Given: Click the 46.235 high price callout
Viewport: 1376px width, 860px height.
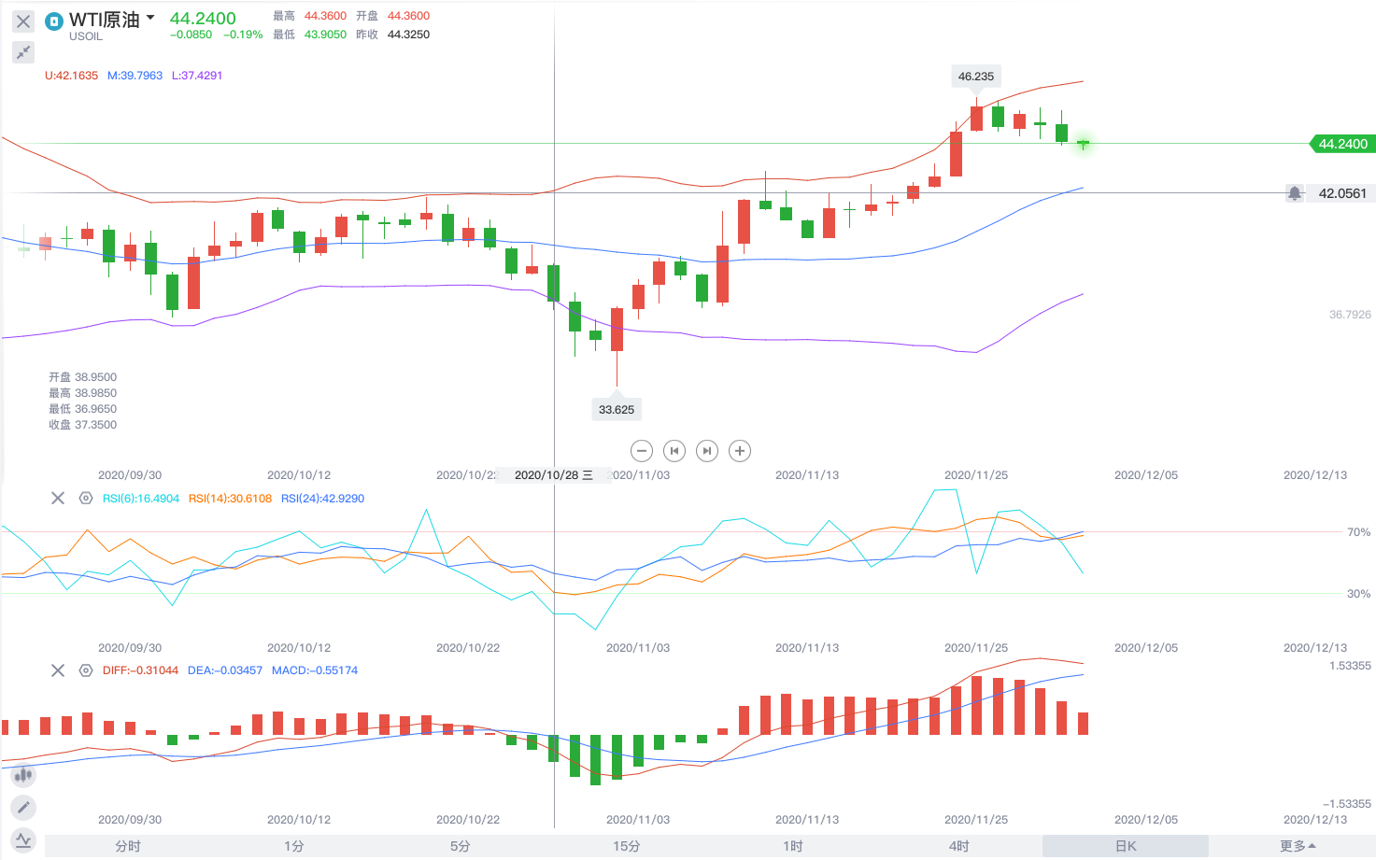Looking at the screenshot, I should click(x=976, y=77).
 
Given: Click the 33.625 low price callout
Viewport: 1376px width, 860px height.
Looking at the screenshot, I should click(x=617, y=409).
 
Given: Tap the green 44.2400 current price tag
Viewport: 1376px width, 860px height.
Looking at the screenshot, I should click(x=1342, y=144).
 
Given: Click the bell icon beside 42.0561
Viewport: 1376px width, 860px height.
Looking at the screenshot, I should click(x=1295, y=193).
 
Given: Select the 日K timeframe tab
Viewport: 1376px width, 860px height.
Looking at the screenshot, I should click(x=1126, y=846).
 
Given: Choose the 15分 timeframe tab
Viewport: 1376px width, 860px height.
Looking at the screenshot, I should click(x=627, y=846).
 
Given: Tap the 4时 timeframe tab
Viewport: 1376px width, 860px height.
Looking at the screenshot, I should click(x=959, y=846).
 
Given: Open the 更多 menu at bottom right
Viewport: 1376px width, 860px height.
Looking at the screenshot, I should click(x=1298, y=846).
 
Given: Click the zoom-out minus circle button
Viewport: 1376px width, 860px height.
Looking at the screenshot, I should click(x=642, y=451).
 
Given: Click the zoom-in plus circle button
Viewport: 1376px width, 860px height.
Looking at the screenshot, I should click(x=740, y=451).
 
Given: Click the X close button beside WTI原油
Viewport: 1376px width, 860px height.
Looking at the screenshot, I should click(x=23, y=21).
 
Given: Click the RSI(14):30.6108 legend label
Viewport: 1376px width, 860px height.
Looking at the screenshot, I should click(x=230, y=499).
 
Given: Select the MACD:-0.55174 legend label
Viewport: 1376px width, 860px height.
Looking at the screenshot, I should click(x=315, y=670).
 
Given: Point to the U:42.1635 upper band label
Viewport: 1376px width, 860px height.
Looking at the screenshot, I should click(x=71, y=76).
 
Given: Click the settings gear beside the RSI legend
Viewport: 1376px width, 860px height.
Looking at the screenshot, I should click(x=86, y=499).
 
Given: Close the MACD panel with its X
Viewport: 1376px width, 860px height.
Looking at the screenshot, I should click(x=58, y=670).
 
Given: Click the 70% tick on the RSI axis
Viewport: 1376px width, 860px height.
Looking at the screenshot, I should click(x=1358, y=532).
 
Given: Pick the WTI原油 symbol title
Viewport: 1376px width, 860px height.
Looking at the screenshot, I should click(x=104, y=20).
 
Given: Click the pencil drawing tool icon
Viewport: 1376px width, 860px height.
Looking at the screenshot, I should click(x=23, y=807).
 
